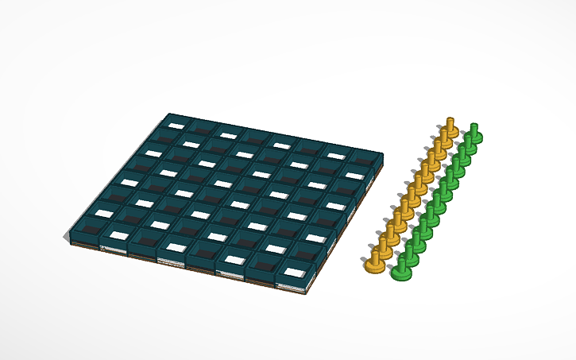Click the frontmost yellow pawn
pos(375,258)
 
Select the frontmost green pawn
pos(402,266)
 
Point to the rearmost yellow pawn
pos(450,127)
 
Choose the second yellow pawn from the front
pos(385,242)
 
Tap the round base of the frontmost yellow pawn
pos(375,266)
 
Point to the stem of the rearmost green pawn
pos(475,128)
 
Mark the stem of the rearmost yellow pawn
pos(450,122)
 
